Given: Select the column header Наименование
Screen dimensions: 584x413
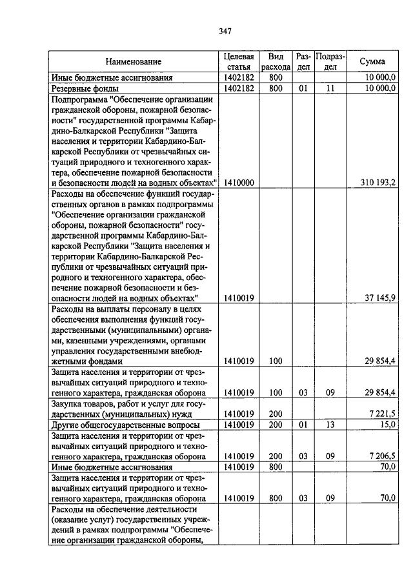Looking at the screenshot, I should click(134, 62).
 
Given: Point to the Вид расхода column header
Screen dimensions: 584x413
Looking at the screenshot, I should click(276, 62).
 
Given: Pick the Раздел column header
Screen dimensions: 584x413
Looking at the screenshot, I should click(303, 62).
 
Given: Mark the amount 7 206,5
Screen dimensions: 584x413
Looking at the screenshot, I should click(383, 456).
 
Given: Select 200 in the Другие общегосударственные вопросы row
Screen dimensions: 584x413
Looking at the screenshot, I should click(276, 425).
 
